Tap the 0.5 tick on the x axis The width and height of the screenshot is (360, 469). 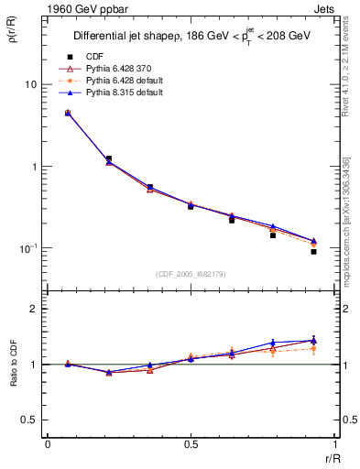click(191, 446)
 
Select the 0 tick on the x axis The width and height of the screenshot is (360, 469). click(47, 446)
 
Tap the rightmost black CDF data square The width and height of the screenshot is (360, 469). click(313, 251)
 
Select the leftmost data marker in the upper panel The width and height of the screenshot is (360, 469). click(68, 113)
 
